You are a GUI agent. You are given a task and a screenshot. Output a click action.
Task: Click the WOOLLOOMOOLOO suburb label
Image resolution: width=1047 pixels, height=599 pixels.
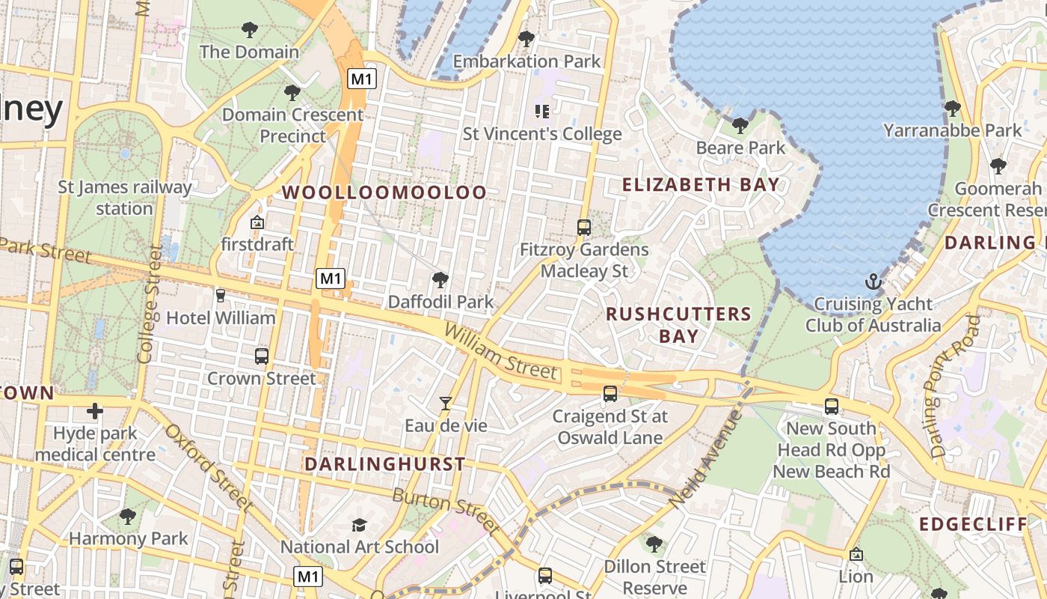click(x=384, y=192)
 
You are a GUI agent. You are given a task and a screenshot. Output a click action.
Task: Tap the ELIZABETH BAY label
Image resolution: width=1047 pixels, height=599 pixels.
click(x=701, y=184)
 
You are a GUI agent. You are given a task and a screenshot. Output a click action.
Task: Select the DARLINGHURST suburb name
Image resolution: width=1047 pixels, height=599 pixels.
click(x=384, y=464)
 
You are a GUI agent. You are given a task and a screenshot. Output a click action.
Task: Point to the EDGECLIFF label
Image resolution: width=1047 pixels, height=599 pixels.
click(x=974, y=524)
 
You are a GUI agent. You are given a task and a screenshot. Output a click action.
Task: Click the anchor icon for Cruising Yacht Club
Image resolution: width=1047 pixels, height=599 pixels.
click(x=873, y=282)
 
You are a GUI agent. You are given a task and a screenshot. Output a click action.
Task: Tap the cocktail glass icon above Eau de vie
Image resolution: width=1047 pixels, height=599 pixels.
click(x=446, y=404)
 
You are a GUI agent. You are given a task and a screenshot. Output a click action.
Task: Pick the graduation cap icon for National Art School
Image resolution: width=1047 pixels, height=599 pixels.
click(x=360, y=525)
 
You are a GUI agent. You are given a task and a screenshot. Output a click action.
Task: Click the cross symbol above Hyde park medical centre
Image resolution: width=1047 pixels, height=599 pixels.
click(x=95, y=411)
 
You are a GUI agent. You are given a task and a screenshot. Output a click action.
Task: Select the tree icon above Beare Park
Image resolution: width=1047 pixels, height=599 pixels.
click(x=740, y=125)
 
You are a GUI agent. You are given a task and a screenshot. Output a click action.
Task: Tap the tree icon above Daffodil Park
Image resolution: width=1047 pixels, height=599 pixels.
click(x=440, y=280)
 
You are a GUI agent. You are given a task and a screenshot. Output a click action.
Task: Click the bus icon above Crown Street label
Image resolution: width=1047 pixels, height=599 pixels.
click(x=262, y=356)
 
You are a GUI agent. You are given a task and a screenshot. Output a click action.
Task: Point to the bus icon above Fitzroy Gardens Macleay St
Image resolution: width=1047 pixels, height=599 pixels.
click(x=584, y=227)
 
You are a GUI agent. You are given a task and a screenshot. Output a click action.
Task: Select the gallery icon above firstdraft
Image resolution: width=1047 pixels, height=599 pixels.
click(x=257, y=222)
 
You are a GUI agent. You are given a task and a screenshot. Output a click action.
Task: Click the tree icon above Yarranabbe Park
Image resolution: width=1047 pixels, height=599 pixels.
click(x=952, y=109)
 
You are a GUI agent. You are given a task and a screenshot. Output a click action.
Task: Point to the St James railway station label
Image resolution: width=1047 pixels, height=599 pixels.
click(x=124, y=198)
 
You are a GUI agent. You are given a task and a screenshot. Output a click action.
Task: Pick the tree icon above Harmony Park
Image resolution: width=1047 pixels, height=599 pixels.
click(x=128, y=516)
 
